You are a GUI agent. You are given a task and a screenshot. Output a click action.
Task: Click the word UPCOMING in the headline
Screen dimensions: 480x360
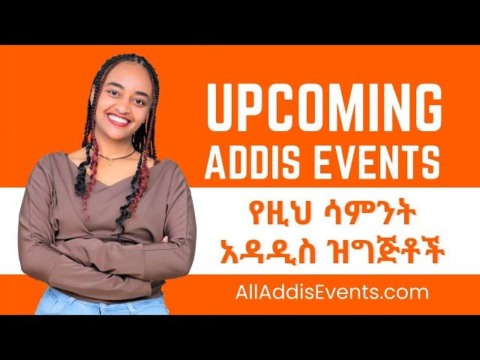coord(325,107)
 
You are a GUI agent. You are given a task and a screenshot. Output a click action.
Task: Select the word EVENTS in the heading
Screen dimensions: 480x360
coord(377,163)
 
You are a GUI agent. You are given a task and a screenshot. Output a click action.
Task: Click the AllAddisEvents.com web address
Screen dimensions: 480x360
coord(331,292)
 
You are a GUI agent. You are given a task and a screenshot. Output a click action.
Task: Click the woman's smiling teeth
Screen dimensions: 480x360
coord(118,119)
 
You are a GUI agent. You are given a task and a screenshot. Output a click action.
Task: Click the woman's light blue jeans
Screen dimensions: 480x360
coord(101,303)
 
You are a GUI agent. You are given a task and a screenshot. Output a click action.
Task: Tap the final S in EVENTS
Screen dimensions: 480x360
coord(430,163)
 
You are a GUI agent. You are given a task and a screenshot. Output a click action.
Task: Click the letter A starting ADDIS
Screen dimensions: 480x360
coord(217,163)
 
